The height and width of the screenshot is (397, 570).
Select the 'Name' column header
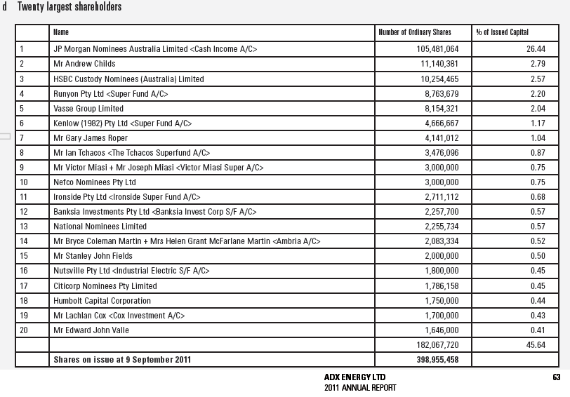[x=61, y=32]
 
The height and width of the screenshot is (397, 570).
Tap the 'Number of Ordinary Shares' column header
[x=415, y=32]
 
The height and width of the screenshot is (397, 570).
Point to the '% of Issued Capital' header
[x=502, y=32]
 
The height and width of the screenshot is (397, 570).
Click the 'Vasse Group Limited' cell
[x=88, y=109]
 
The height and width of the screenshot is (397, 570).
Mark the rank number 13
[x=24, y=227]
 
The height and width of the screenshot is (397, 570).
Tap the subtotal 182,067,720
[x=437, y=345]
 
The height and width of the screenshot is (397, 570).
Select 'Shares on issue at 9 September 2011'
[x=122, y=360]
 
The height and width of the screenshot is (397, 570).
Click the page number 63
[x=556, y=377]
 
